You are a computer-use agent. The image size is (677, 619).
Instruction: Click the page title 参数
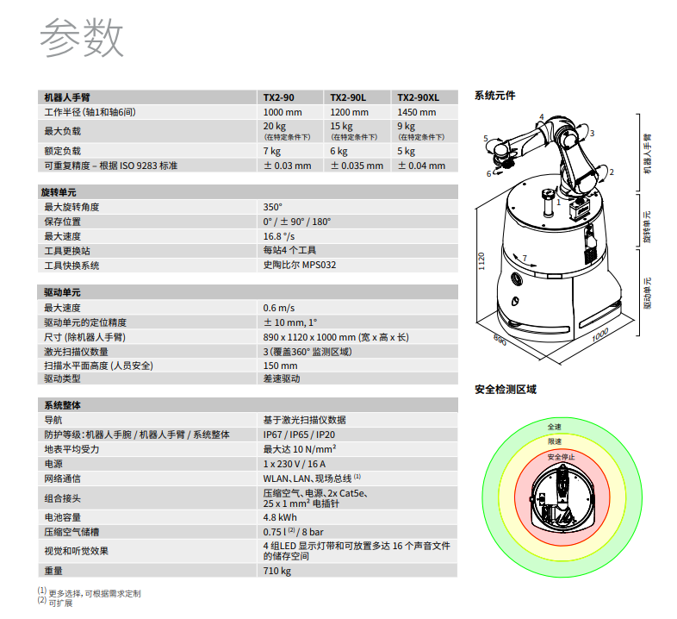coord(82,37)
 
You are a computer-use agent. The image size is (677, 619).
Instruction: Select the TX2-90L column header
coord(348,97)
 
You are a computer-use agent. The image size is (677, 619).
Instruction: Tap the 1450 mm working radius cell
coord(417,112)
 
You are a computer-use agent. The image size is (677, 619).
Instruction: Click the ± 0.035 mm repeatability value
coord(357,166)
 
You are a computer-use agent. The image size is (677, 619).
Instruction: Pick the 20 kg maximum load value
coord(275,126)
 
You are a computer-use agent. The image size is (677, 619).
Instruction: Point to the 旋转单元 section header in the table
coord(59,192)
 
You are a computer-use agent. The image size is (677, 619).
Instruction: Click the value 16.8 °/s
coord(279,236)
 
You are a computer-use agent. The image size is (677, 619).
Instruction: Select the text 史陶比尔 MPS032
coord(300,265)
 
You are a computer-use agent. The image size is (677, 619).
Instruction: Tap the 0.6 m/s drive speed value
coord(279,308)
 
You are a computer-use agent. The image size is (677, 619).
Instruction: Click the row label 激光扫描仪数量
coord(76,352)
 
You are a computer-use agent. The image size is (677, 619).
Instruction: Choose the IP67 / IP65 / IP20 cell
coord(299,435)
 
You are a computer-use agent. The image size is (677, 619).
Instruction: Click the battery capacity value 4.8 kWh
coord(280,517)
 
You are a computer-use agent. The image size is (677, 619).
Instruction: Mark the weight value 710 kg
coord(277,571)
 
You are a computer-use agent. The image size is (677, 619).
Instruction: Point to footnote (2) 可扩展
coord(55,603)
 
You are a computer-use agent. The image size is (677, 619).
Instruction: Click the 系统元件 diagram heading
coord(494,96)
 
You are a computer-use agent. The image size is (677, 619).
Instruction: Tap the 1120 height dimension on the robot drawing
coord(481,261)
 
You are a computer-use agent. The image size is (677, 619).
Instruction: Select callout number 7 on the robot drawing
coord(525,258)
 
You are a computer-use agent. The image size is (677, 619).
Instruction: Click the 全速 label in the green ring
coord(555,427)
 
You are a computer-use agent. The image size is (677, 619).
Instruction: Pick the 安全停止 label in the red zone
coord(562,457)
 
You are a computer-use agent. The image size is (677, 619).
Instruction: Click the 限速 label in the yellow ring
coord(555,441)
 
